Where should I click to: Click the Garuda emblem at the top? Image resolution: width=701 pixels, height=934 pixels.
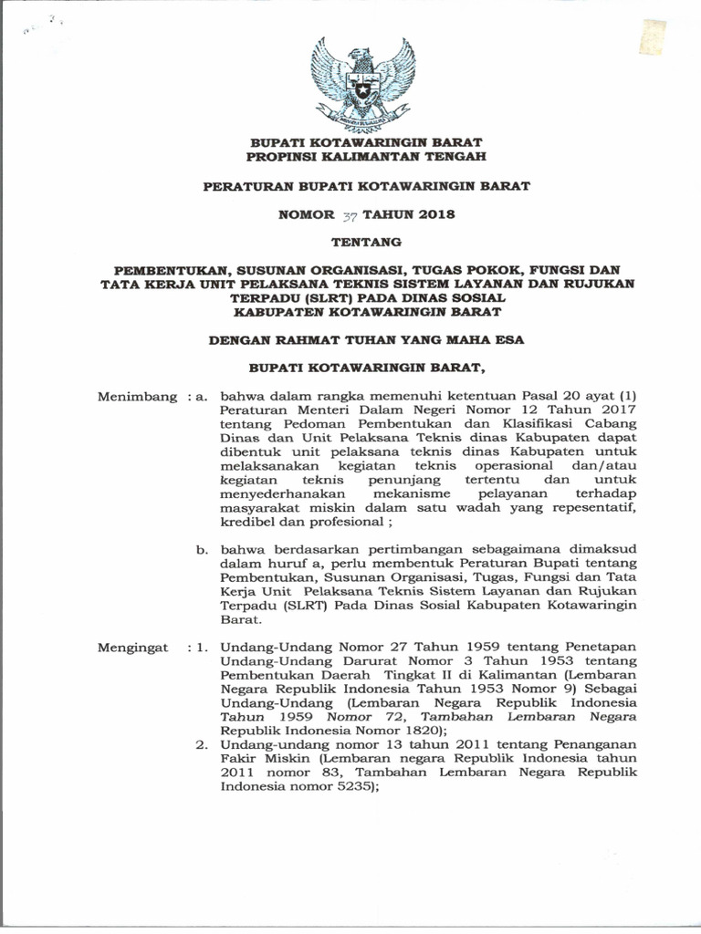[x=363, y=83]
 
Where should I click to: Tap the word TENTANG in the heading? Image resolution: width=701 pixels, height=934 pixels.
[x=364, y=243]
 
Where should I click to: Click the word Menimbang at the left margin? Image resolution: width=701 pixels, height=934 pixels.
[x=136, y=397]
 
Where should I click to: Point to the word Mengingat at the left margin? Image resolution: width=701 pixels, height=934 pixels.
[x=133, y=647]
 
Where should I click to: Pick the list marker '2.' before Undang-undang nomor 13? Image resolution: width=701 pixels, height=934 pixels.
[x=204, y=744]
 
